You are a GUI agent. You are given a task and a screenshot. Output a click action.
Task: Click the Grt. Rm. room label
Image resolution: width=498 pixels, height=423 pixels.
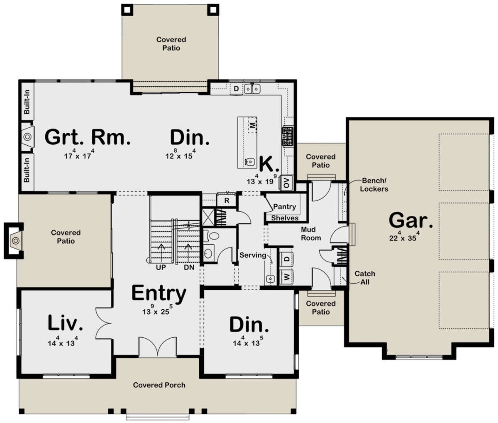(88, 137)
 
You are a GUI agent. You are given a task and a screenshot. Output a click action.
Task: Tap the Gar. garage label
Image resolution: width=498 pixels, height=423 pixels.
(411, 220)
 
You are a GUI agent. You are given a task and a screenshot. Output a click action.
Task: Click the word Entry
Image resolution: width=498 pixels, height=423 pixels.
(159, 293)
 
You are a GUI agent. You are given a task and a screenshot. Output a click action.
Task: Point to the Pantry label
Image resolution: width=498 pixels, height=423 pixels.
(285, 207)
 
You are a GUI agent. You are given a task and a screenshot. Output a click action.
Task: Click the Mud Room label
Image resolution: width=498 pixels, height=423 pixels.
(311, 234)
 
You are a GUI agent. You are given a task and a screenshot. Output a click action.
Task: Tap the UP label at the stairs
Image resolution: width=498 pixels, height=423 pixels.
(161, 267)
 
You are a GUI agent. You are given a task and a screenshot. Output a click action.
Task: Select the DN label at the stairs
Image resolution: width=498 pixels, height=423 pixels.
(189, 267)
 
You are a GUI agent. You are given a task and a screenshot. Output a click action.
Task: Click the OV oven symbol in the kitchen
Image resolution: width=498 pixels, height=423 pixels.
(286, 183)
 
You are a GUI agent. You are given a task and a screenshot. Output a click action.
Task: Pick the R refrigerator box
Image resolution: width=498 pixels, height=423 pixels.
(227, 200)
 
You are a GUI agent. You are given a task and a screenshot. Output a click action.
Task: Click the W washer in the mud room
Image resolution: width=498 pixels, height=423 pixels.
(286, 277)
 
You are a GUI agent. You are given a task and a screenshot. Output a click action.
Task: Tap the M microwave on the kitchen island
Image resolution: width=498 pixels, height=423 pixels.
(252, 125)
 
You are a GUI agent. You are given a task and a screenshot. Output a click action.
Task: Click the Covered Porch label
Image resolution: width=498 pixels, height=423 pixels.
(159, 385)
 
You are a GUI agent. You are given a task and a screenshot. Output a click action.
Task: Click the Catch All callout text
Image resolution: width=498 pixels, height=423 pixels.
(365, 278)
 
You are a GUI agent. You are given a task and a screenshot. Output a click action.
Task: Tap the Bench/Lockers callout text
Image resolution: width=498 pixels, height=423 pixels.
(374, 185)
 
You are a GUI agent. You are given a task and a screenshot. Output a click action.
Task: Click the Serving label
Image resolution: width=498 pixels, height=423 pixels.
(253, 255)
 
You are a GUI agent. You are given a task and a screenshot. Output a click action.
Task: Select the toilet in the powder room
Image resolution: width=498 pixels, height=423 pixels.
(211, 235)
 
